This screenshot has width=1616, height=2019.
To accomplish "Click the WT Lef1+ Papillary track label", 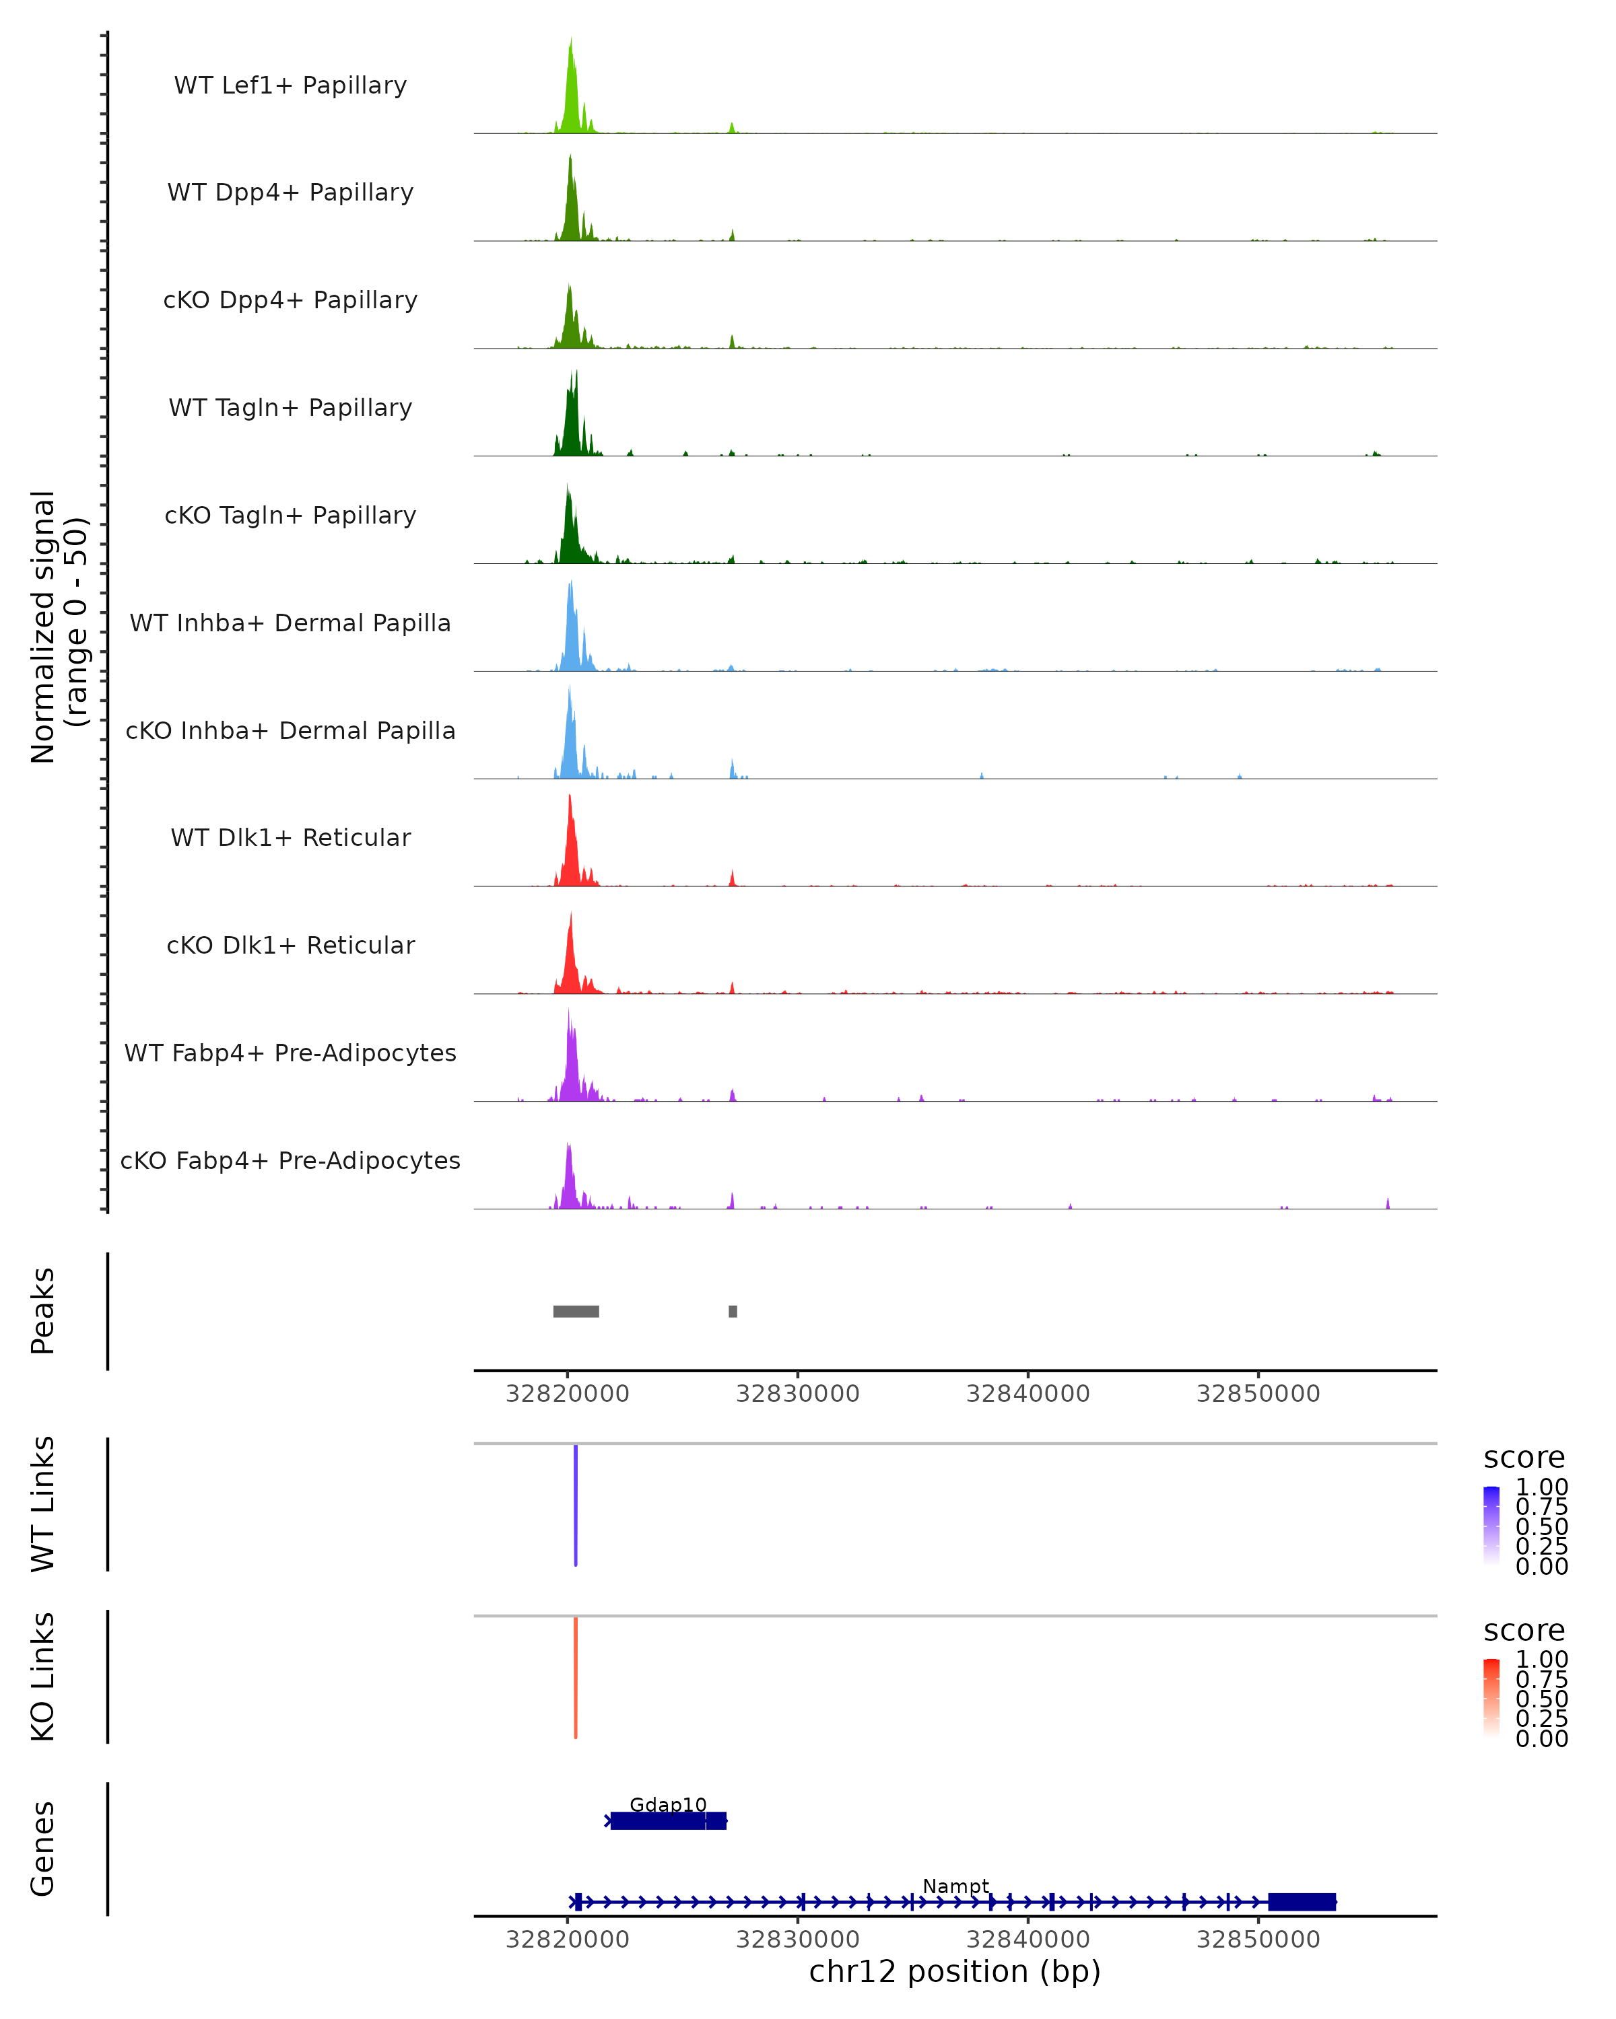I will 290,85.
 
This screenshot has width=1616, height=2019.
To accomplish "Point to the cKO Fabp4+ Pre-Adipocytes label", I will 290,1160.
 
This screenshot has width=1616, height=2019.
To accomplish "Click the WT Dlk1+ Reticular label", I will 290,837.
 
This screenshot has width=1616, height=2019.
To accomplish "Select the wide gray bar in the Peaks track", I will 576,1311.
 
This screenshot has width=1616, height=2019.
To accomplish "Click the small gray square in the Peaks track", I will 733,1311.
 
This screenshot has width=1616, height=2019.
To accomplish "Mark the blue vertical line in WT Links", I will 575,1505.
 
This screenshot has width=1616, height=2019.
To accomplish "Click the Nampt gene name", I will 955,1886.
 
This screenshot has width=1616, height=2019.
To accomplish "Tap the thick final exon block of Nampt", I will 1302,1902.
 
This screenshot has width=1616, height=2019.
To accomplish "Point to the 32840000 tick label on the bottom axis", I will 1028,1940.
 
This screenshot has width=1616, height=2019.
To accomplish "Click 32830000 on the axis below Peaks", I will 797,1394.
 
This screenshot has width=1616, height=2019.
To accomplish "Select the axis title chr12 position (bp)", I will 955,1972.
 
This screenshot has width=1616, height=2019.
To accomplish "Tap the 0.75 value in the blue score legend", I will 1542,1507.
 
